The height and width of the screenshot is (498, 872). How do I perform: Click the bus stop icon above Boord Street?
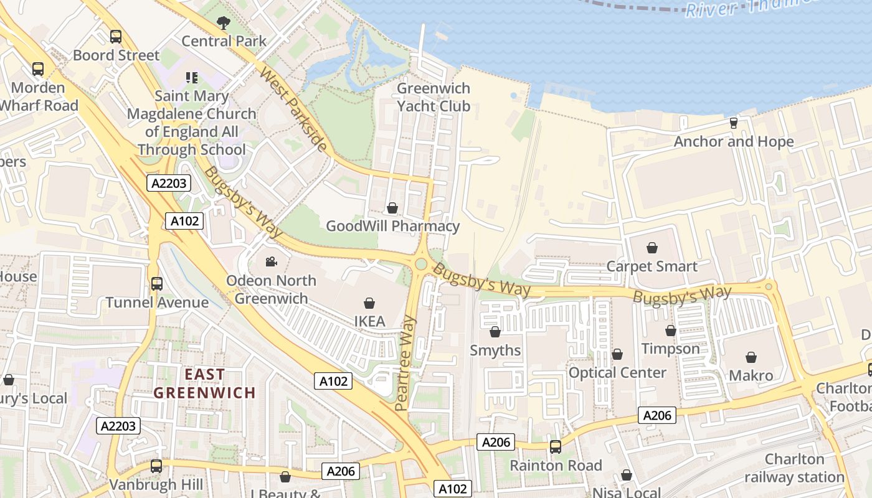[116, 37]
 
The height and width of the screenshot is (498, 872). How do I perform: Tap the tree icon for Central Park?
[224, 24]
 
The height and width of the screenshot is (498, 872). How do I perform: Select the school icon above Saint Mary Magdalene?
[192, 78]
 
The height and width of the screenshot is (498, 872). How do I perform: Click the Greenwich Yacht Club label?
[434, 97]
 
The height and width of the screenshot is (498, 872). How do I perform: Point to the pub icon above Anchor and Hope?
[734, 123]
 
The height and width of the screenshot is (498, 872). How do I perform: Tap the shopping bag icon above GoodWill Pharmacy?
[392, 208]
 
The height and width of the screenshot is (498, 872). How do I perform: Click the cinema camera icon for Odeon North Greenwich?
[271, 261]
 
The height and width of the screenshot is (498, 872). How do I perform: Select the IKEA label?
[369, 321]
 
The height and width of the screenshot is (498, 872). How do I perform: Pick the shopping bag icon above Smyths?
[495, 332]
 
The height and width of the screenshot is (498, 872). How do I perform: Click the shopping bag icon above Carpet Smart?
[652, 248]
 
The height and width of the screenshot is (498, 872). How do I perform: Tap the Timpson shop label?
[670, 349]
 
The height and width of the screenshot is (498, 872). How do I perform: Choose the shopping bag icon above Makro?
[751, 358]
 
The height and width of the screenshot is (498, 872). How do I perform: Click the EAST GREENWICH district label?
[205, 383]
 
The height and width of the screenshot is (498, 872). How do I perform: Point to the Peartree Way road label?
[404, 363]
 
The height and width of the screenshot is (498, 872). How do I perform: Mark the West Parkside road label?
[293, 110]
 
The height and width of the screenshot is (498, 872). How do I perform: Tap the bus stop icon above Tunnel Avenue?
[157, 284]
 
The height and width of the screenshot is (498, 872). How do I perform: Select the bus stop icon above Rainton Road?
[556, 447]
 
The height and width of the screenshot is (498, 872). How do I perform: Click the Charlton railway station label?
[794, 468]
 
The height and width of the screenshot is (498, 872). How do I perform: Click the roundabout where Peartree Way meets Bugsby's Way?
[421, 264]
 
